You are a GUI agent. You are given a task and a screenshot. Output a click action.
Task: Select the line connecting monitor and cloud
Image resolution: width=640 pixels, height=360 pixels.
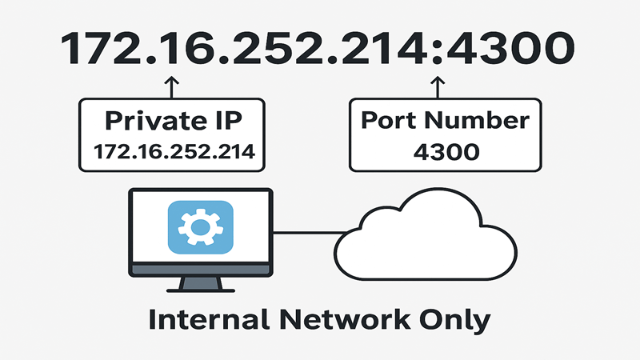[x=308, y=234]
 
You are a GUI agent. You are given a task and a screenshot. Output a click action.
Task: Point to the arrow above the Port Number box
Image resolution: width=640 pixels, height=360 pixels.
[x=437, y=85]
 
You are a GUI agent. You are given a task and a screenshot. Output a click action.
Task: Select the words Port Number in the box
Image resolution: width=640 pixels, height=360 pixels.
[x=445, y=120]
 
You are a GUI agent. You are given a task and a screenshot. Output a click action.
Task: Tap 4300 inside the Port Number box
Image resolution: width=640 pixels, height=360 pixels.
[x=445, y=150]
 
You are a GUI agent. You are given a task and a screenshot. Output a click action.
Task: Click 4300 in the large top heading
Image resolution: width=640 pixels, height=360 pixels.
[x=512, y=49]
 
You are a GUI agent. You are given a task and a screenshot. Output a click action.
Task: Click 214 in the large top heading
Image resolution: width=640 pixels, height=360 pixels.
[x=380, y=49]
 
